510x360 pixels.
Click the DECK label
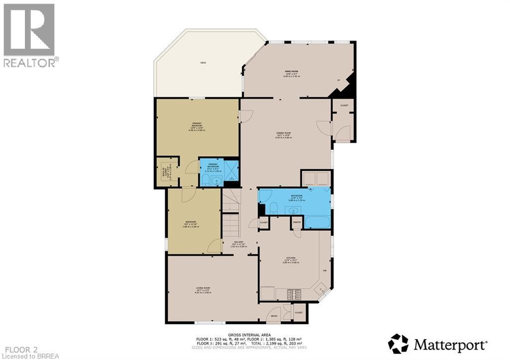point(203,63)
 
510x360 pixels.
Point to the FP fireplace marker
point(338,80)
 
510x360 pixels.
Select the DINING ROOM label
point(283,133)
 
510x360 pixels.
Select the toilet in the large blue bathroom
point(273,209)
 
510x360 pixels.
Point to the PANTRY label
point(296,223)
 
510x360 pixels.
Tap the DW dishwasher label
point(325,270)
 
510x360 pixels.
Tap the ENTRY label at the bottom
point(274,316)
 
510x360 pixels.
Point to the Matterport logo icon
point(398,344)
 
